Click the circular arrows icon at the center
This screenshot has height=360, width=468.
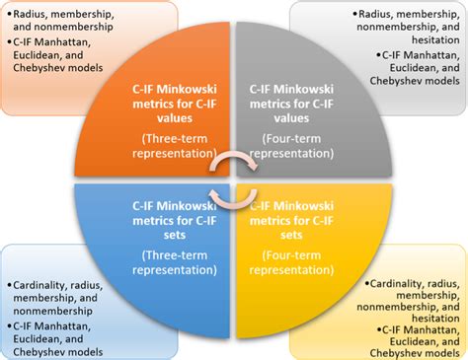(x=234, y=180)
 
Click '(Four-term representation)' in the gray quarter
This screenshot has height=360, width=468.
(x=292, y=145)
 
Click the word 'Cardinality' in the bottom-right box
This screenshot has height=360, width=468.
(x=398, y=283)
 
